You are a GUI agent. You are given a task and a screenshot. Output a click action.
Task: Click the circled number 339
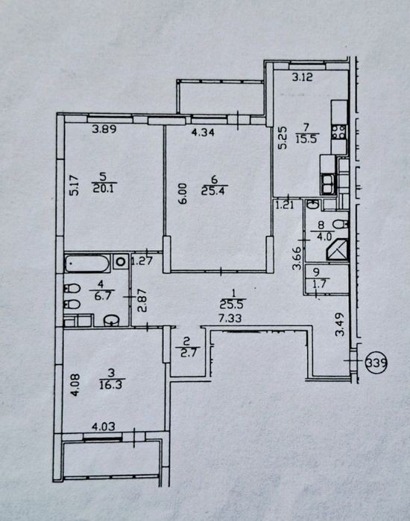(x=376, y=362)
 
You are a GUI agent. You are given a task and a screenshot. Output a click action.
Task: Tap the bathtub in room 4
(x=87, y=263)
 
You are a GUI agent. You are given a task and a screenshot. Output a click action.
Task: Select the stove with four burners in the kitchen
(x=339, y=132)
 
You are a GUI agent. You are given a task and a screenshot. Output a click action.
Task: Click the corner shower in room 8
(x=338, y=249)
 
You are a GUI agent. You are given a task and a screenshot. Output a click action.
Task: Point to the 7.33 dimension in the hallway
(x=230, y=319)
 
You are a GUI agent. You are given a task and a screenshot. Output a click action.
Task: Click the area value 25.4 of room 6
(x=214, y=191)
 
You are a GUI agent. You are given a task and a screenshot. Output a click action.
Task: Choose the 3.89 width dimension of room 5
(x=104, y=129)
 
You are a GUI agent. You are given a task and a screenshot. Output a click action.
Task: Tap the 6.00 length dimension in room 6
(x=183, y=194)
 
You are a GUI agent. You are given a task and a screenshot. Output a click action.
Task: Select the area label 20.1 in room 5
(x=104, y=189)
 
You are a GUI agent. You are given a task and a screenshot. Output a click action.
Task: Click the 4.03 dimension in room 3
(x=104, y=426)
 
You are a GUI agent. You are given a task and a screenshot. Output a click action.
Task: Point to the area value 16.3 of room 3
(x=111, y=385)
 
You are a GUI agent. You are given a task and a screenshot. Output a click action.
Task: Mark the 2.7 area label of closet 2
(x=188, y=352)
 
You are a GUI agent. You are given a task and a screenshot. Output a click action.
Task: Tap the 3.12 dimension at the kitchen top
(x=303, y=77)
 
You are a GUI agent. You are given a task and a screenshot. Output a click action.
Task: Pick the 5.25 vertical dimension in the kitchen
(x=283, y=140)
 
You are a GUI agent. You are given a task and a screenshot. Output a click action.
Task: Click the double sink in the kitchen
(x=328, y=184)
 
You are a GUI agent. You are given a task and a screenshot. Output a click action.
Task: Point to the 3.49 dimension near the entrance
(x=340, y=325)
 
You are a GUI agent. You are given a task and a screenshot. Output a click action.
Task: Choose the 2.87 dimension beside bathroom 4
(x=142, y=301)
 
